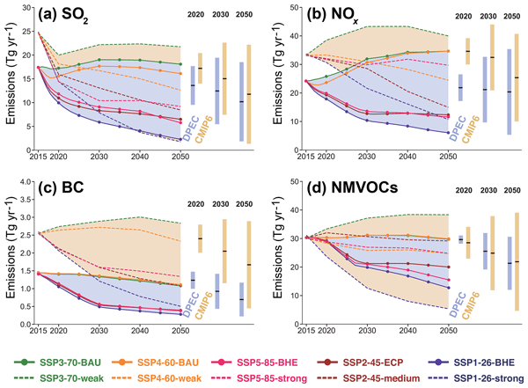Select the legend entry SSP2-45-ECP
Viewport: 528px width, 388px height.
(381, 362)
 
